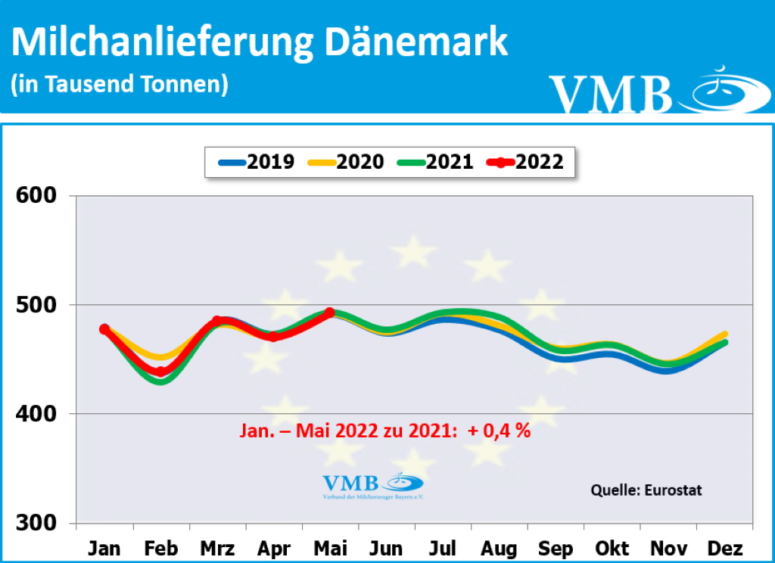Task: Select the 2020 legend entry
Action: tap(344, 161)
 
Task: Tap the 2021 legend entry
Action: tap(434, 161)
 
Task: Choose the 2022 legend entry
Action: tap(527, 161)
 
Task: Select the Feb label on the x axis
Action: tap(160, 548)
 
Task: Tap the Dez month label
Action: tap(724, 548)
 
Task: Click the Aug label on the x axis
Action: tap(499, 548)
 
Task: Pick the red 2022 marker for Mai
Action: tap(329, 312)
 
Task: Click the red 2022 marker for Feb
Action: tap(160, 372)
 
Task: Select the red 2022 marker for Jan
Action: tap(104, 329)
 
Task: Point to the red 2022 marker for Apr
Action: tap(273, 336)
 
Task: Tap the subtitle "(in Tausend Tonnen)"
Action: tap(120, 84)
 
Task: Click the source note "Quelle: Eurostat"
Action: tap(646, 490)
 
